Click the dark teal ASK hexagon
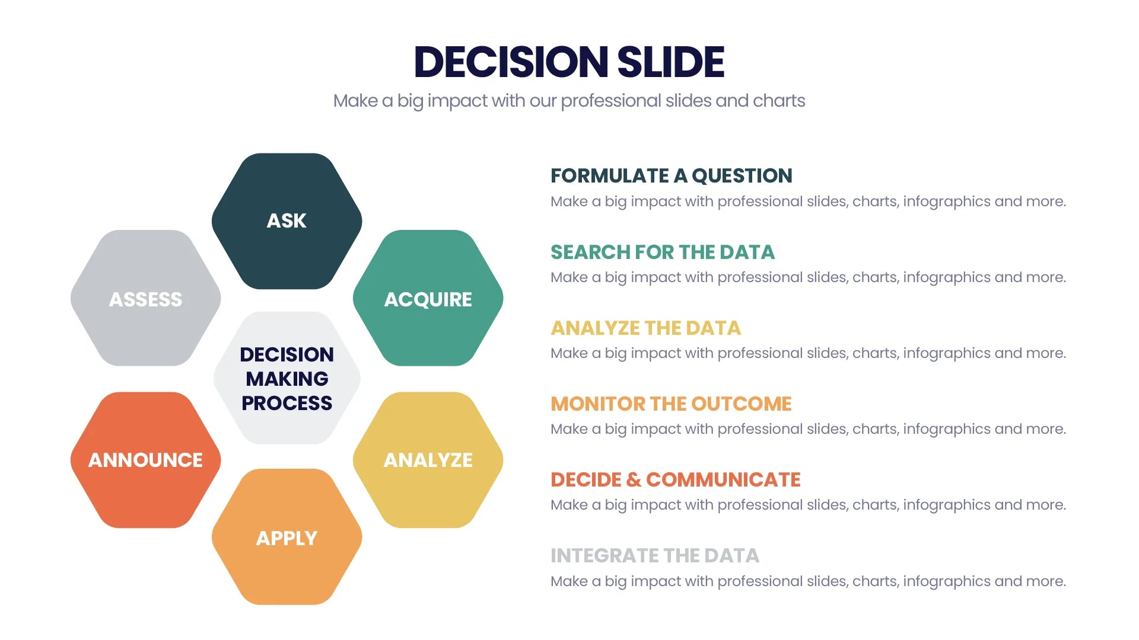(287, 221)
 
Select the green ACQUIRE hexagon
(428, 299)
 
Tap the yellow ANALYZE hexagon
(428, 460)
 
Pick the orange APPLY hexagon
(287, 537)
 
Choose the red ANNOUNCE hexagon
(145, 460)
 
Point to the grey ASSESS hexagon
(145, 299)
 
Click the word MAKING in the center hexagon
(287, 379)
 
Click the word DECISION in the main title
(511, 62)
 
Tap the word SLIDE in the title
(670, 62)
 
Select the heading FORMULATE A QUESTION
(671, 176)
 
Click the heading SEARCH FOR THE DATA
(662, 252)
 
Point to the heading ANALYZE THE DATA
(645, 328)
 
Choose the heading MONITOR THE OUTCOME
(671, 404)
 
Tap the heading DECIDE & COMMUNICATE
(675, 480)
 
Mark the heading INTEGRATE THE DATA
(654, 556)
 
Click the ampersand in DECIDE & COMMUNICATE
(634, 480)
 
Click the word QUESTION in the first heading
(742, 176)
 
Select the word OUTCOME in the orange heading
(741, 404)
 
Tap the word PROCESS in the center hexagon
(287, 403)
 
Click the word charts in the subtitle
(779, 101)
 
